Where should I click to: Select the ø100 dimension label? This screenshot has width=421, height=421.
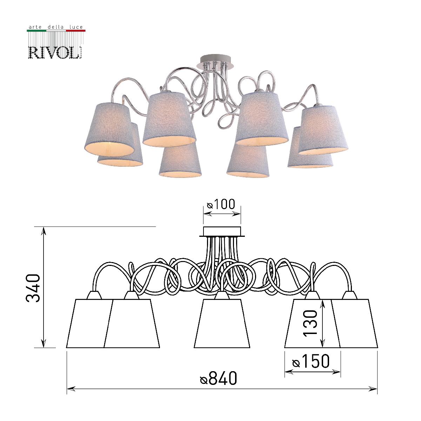point(221,204)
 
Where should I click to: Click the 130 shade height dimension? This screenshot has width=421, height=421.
point(311,323)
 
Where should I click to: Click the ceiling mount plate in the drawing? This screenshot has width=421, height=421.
point(222,232)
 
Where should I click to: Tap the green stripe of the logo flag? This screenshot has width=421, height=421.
point(36,31)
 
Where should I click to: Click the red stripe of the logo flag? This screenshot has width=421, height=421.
point(75,31)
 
